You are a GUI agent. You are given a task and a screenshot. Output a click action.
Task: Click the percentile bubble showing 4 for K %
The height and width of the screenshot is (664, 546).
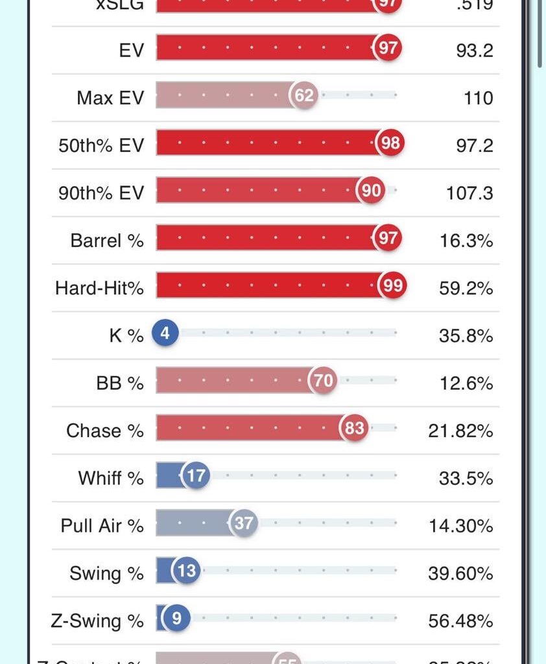tap(165, 334)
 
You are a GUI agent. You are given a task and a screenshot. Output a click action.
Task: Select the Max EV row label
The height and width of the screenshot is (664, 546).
tap(110, 98)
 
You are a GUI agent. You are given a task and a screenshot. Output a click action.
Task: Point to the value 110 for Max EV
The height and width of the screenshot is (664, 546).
tap(479, 98)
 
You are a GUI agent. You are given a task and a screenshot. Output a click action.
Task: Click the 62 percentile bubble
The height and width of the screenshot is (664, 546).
tap(304, 96)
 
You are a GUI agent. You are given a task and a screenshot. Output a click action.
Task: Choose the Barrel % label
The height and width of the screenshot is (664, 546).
tap(107, 241)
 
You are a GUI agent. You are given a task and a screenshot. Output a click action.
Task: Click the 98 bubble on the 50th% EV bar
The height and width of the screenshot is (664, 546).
tap(390, 143)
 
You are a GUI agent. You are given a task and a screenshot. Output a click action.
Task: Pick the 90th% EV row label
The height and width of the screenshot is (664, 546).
tap(101, 193)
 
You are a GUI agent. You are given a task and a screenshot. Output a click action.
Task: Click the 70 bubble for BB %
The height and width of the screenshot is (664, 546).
tap(323, 381)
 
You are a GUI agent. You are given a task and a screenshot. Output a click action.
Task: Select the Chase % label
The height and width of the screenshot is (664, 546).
tap(104, 431)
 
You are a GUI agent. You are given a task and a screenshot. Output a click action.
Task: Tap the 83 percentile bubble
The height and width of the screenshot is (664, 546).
tap(354, 429)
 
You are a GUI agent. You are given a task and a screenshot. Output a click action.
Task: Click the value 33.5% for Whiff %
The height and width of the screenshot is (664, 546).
tap(466, 479)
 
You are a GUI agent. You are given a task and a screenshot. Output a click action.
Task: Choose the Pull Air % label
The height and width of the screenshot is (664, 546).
tap(102, 526)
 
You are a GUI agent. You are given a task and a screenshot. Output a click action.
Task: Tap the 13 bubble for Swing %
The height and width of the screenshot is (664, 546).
tap(186, 571)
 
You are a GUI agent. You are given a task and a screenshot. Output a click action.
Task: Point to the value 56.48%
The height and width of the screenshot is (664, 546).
tap(460, 621)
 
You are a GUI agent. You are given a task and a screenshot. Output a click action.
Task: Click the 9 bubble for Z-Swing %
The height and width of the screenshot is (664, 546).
tap(176, 619)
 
